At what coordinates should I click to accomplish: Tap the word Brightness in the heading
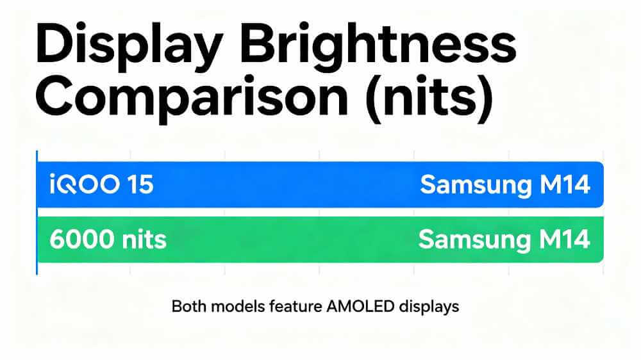381,46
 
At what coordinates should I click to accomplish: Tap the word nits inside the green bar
144,240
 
